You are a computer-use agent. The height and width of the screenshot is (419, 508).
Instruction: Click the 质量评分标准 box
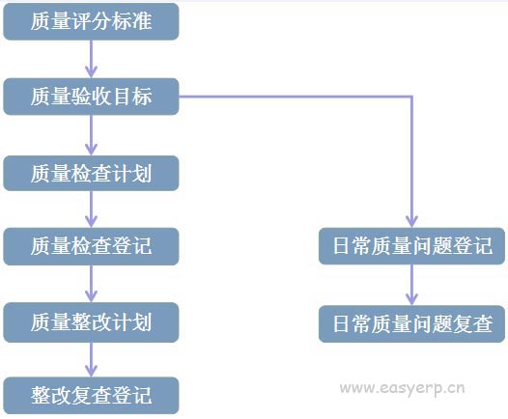[x=91, y=21]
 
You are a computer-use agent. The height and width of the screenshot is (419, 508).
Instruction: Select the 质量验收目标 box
[x=91, y=97]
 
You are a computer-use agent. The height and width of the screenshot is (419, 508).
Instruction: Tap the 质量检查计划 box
[x=91, y=173]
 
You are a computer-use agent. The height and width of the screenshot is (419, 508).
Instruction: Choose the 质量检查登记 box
[x=91, y=246]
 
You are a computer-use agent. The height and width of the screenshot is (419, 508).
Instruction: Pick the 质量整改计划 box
[x=91, y=322]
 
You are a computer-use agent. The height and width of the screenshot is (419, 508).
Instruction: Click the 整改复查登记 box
[x=91, y=396]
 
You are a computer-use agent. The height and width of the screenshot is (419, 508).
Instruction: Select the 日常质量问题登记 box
[x=411, y=246]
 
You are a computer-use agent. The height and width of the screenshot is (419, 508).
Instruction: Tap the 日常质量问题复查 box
[x=411, y=323]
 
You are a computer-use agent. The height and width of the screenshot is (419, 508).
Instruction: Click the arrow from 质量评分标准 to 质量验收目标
[x=91, y=59]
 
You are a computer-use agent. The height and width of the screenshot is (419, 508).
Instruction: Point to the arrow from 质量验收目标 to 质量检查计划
[x=91, y=135]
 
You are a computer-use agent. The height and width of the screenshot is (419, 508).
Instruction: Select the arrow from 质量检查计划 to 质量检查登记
[x=91, y=209]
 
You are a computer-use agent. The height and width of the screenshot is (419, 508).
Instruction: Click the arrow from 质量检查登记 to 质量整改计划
[x=91, y=284]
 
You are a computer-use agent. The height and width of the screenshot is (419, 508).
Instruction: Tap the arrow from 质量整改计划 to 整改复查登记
[x=91, y=360]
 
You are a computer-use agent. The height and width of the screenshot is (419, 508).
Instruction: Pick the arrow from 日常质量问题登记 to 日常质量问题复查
[x=411, y=285]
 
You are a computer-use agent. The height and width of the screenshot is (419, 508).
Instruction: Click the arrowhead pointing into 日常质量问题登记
[x=411, y=221]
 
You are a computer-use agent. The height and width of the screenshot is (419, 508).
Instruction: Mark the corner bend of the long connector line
[x=411, y=97]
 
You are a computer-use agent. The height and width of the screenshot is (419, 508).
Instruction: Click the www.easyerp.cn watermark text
[x=403, y=388]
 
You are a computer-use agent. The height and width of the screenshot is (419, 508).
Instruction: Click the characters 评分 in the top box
[x=91, y=21]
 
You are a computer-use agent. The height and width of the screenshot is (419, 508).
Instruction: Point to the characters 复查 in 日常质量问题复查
[x=472, y=323]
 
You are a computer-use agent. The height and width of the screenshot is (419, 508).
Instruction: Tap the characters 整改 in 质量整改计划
[x=91, y=322]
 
